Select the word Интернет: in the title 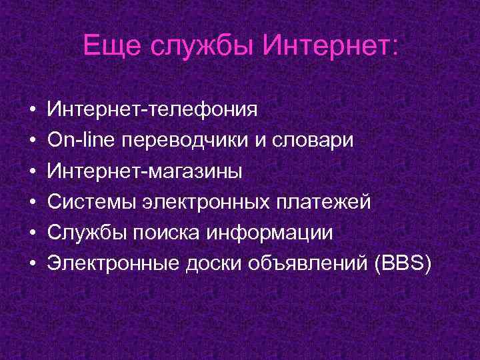(x=331, y=46)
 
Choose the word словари (x=316, y=140)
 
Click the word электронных (x=201, y=203)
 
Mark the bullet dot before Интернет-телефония (x=32, y=109)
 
